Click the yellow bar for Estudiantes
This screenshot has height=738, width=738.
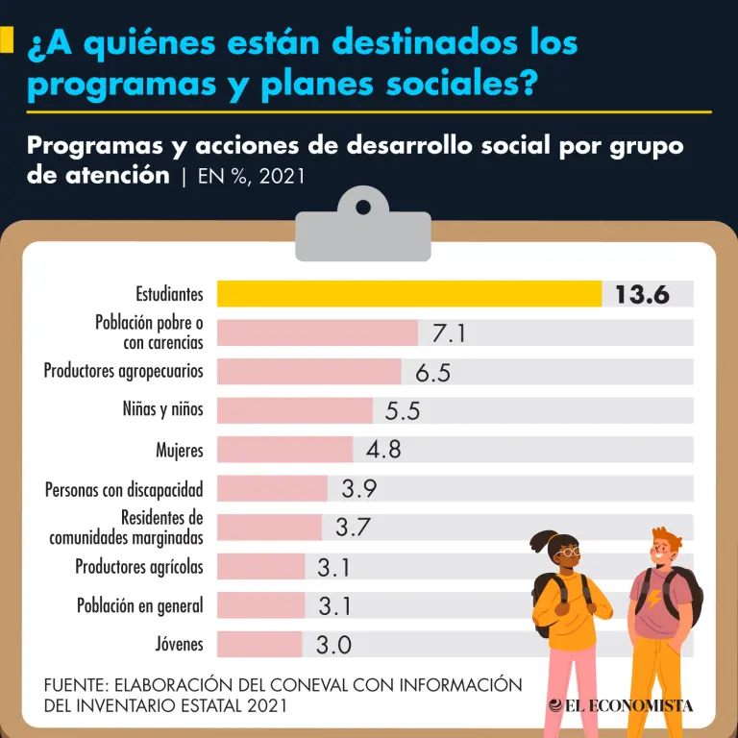[408, 293]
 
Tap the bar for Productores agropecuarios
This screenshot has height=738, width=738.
[308, 371]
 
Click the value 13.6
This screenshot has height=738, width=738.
[642, 294]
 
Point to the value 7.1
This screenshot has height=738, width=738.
[449, 332]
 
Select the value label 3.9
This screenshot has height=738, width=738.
[358, 488]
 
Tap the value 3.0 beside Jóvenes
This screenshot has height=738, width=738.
[333, 645]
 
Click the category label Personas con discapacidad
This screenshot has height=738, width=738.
[124, 489]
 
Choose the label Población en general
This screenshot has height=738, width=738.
[140, 605]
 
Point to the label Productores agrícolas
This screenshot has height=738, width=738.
[139, 567]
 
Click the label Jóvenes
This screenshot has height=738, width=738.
[179, 645]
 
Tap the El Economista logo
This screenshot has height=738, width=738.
[621, 705]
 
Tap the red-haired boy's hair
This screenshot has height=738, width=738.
[669, 538]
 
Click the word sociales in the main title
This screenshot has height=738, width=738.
[461, 84]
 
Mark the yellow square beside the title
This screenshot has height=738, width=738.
[7, 40]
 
